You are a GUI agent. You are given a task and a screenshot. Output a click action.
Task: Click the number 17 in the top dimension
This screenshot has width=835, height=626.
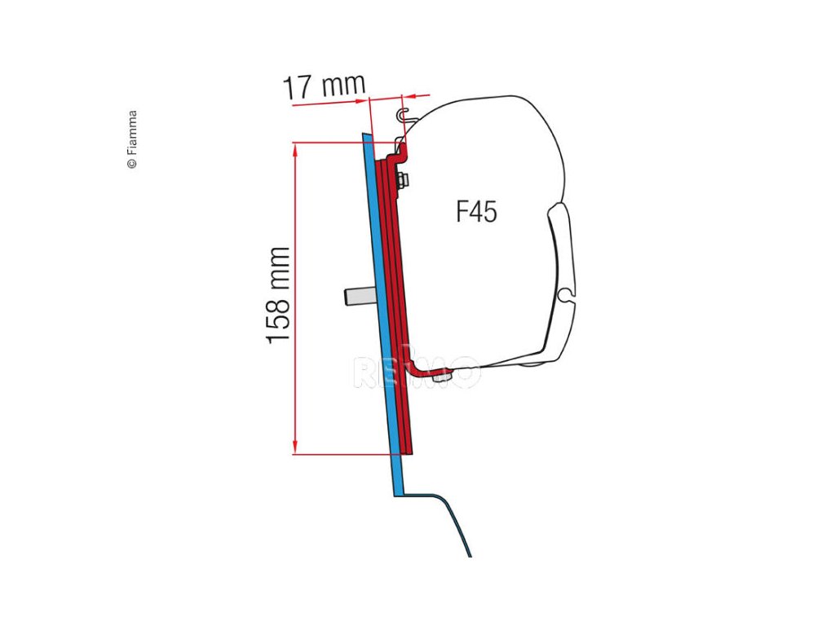tap(298, 86)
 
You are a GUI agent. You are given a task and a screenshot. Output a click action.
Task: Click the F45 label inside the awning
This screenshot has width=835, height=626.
tap(476, 213)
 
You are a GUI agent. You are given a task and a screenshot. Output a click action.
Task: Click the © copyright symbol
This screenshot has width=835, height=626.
tap(132, 164)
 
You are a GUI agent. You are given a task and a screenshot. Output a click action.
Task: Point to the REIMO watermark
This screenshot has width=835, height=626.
tap(416, 372)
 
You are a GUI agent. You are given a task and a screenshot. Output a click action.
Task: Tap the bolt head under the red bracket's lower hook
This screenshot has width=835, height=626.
tap(440, 376)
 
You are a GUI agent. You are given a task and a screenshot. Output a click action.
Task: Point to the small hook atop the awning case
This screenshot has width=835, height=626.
tap(404, 114)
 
